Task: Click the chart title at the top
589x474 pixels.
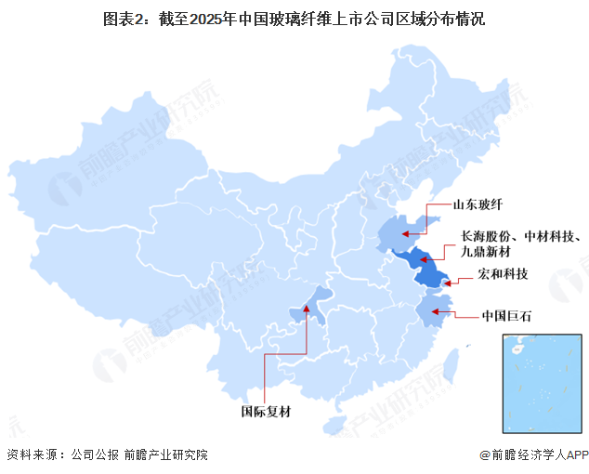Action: click(294, 18)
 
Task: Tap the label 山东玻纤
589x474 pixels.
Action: click(478, 206)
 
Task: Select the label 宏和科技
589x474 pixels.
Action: click(503, 273)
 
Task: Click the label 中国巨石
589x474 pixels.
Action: click(507, 316)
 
